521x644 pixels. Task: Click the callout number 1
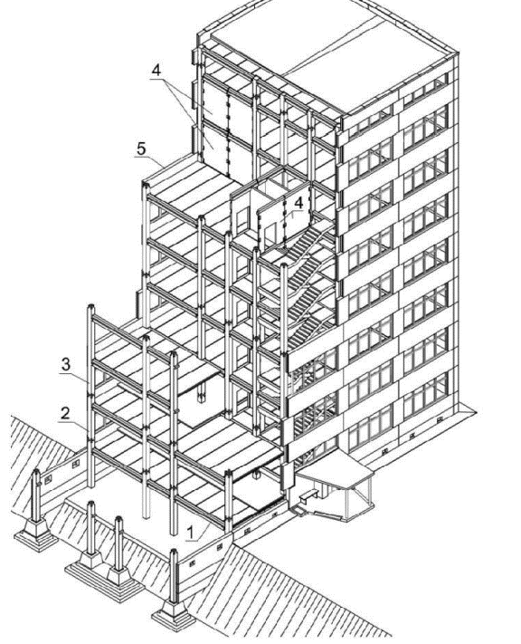tap(190, 533)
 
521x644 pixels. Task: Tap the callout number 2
tap(66, 413)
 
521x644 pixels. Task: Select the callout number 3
tap(66, 364)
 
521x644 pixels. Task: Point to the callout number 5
tap(141, 149)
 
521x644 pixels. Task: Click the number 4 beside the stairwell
tap(299, 203)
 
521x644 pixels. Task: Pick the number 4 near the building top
tap(156, 70)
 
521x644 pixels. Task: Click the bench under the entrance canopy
tap(309, 495)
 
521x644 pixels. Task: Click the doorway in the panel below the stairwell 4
tap(270, 235)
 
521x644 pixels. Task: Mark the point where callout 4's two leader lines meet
tap(168, 80)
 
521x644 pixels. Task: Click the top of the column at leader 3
tap(91, 307)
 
